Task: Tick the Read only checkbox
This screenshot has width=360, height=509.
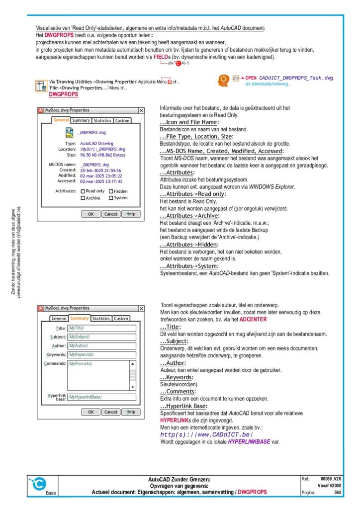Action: pyautogui.click(x=83, y=191)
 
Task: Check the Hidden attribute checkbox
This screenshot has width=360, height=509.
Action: pyautogui.click(x=111, y=191)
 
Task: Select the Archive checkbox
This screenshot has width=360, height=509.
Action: pyautogui.click(x=83, y=198)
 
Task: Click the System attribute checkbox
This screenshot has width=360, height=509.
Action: pyautogui.click(x=111, y=198)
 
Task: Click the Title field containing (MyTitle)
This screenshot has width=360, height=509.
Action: pyautogui.click(x=101, y=328)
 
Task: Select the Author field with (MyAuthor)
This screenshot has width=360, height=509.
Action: pyautogui.click(x=101, y=346)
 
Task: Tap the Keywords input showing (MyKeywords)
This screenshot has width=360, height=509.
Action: pyautogui.click(x=101, y=355)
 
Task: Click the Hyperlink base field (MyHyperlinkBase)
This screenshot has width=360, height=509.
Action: pyautogui.click(x=101, y=397)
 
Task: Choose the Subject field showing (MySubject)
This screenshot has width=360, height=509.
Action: pyautogui.click(x=101, y=337)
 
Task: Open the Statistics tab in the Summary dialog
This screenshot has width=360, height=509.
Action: pyautogui.click(x=101, y=319)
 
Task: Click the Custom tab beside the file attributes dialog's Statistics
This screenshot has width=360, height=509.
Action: pyautogui.click(x=122, y=120)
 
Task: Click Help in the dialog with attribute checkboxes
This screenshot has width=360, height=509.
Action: pyautogui.click(x=130, y=214)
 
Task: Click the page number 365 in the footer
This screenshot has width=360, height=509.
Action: pyautogui.click(x=338, y=492)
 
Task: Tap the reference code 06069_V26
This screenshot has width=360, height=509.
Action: pyautogui.click(x=331, y=478)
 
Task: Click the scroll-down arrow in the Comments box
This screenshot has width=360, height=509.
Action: pyautogui.click(x=132, y=386)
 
